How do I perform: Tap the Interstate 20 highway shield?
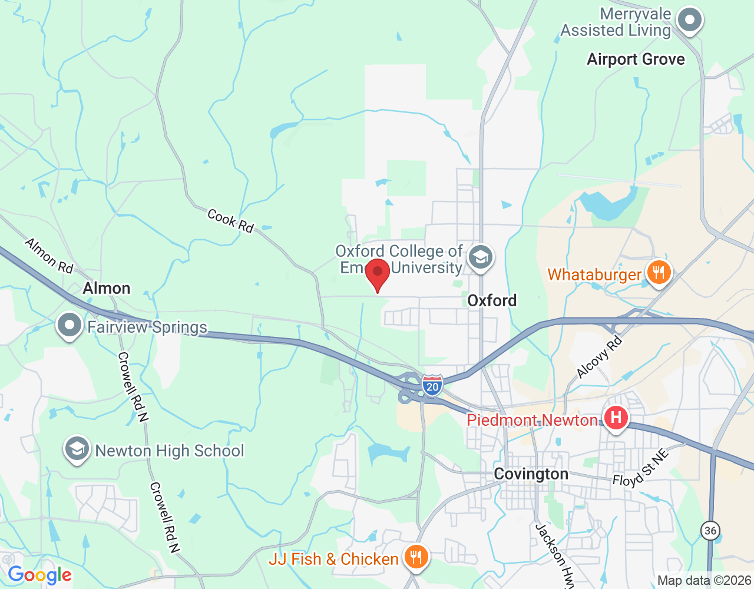(432, 386)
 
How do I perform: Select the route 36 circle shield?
(710, 530)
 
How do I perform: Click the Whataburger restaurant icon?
(659, 273)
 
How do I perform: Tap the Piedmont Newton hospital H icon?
(616, 419)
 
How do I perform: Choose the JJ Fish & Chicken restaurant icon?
(416, 557)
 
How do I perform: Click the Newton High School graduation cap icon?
(77, 451)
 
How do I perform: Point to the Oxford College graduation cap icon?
(481, 258)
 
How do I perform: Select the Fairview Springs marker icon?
(70, 326)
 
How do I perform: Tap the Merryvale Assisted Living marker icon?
(689, 21)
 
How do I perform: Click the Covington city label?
(531, 474)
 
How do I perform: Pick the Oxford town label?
(492, 300)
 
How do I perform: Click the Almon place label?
(107, 288)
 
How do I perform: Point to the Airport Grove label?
(636, 59)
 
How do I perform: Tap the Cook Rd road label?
(230, 221)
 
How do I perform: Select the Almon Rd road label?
(49, 256)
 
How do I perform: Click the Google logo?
(39, 575)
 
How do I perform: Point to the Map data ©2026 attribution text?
(704, 581)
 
